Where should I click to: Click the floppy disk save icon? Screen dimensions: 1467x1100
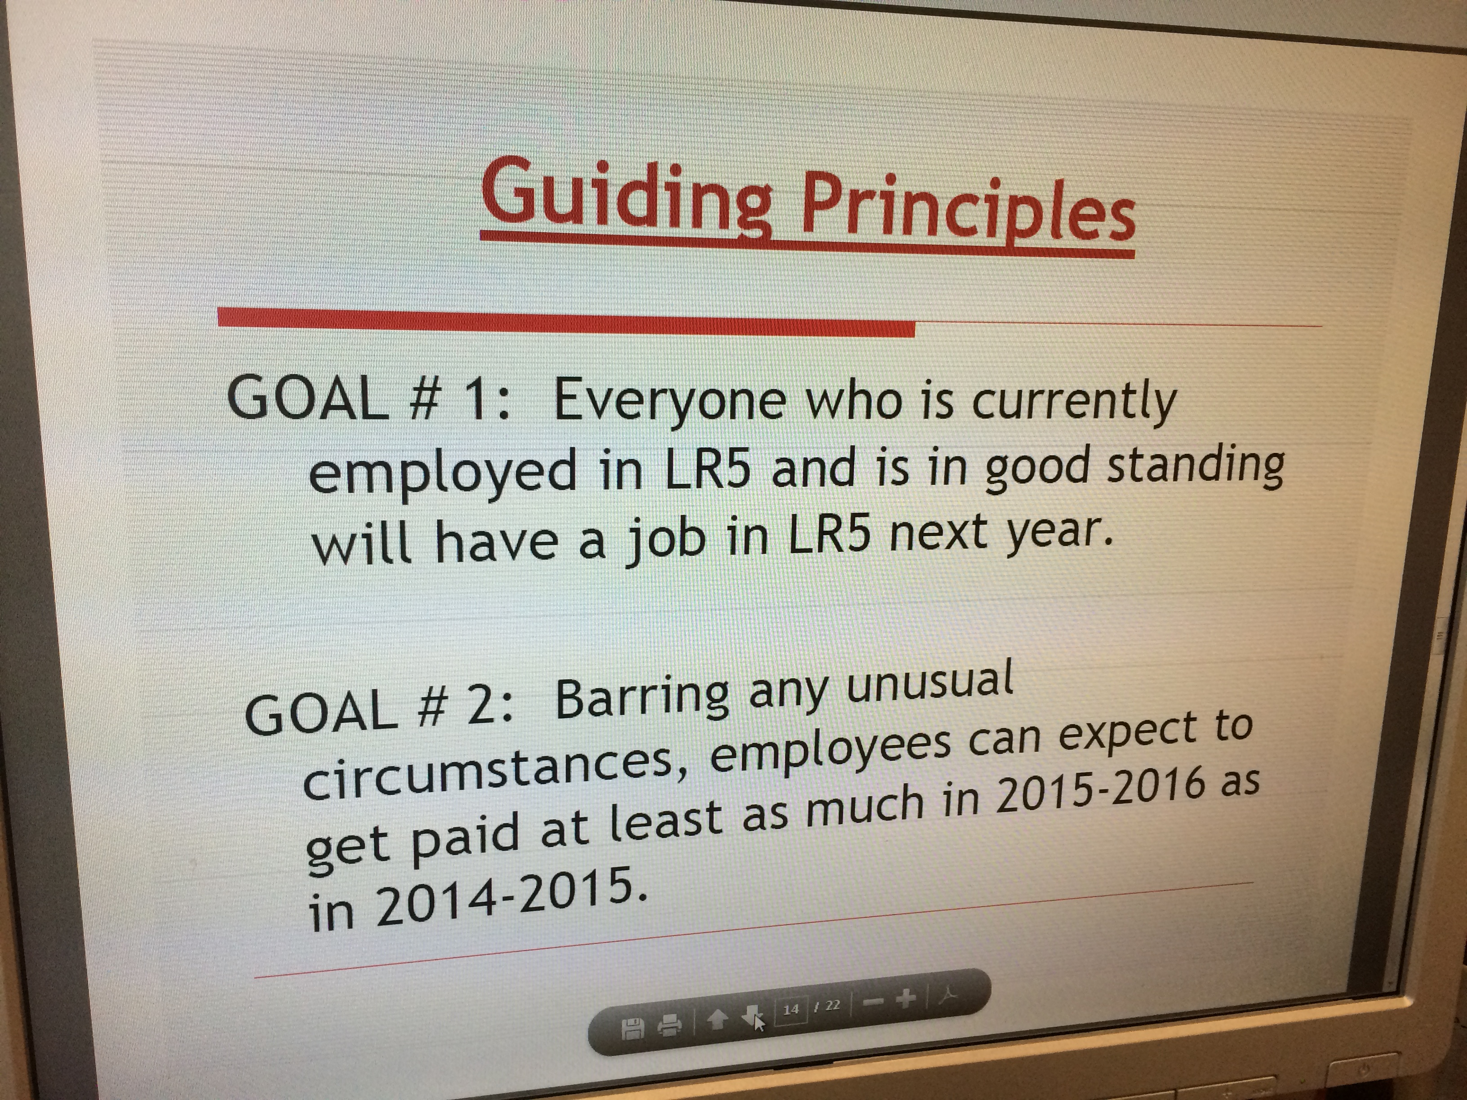[632, 1029]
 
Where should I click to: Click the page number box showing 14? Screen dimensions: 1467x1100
[791, 1010]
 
